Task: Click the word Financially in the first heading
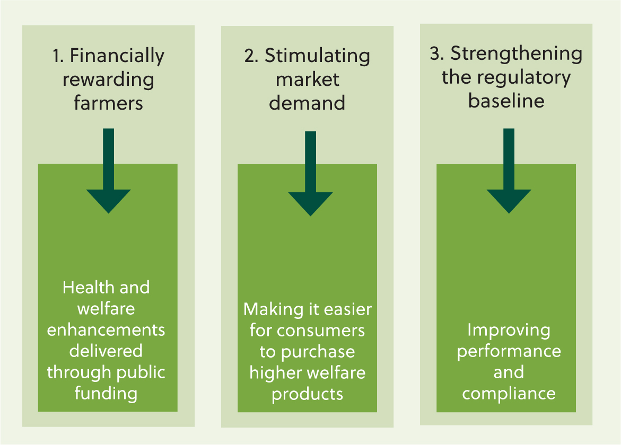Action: click(x=117, y=56)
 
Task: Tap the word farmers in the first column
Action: click(x=108, y=103)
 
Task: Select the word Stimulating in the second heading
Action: click(x=318, y=56)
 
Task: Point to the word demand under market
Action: click(x=307, y=103)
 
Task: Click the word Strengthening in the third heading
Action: click(x=517, y=54)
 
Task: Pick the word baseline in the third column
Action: click(x=506, y=101)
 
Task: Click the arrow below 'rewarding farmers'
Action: click(x=109, y=171)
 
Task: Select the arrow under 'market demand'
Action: click(x=311, y=174)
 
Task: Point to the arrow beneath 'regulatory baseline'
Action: click(x=509, y=171)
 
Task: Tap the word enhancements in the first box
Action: click(x=106, y=330)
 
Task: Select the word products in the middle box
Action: click(x=308, y=394)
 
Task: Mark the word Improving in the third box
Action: click(x=509, y=331)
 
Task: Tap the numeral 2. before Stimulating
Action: click(x=251, y=56)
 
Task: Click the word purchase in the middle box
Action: click(x=318, y=352)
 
